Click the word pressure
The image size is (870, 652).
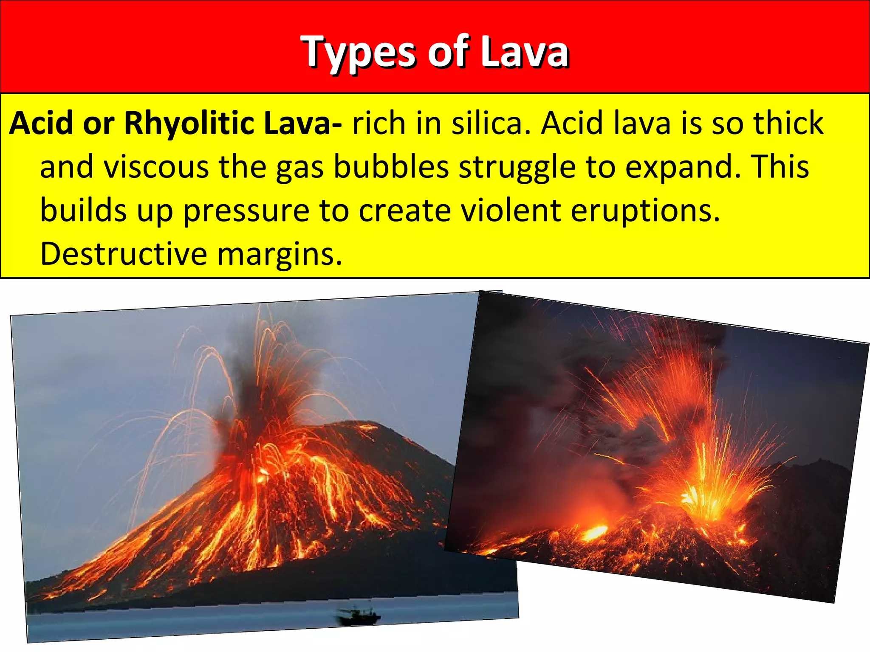(246, 211)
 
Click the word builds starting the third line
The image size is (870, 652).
(83, 211)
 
